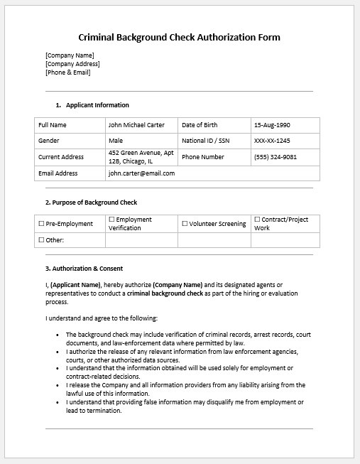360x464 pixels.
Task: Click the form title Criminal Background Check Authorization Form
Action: click(x=180, y=37)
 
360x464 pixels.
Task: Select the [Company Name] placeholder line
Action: click(x=70, y=55)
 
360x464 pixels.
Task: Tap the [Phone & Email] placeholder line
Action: click(x=68, y=72)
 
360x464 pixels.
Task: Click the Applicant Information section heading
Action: click(x=97, y=105)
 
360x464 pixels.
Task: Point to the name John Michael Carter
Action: click(x=136, y=125)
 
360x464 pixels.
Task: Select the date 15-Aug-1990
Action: click(x=273, y=125)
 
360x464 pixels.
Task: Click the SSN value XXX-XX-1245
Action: click(x=272, y=141)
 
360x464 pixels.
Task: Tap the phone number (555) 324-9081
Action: click(x=276, y=157)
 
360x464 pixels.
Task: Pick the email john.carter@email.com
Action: click(x=141, y=173)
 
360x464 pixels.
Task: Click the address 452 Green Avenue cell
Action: click(x=141, y=157)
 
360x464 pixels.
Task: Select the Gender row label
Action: click(x=49, y=141)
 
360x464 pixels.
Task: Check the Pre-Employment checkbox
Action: click(x=41, y=224)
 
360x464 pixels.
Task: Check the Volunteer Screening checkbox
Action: click(x=185, y=224)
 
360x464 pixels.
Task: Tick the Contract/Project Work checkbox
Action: click(x=257, y=220)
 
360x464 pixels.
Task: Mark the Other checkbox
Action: click(x=41, y=240)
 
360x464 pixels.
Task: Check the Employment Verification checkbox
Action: click(x=111, y=220)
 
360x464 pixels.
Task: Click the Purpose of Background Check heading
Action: click(x=91, y=203)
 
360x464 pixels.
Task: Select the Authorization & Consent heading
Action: click(x=84, y=269)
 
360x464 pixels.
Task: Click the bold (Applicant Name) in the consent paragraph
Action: click(x=75, y=285)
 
